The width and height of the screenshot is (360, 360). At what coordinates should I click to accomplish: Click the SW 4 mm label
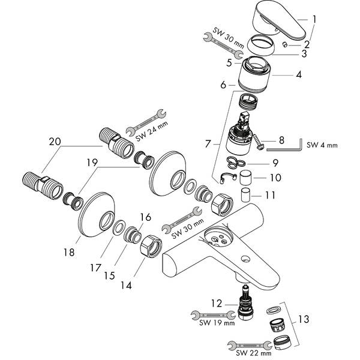322,145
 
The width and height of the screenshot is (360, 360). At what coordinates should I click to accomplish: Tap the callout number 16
145,218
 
